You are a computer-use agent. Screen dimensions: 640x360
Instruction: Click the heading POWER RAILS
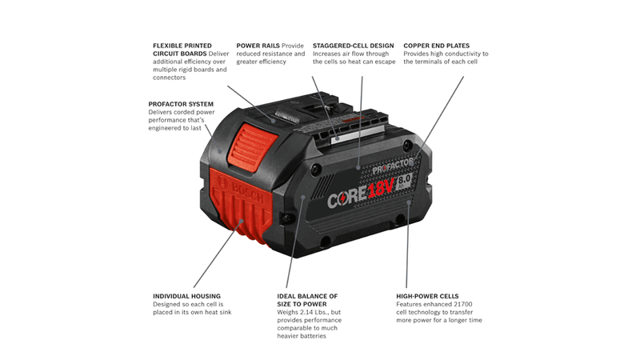(258, 46)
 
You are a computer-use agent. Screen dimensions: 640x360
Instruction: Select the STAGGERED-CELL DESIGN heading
(354, 46)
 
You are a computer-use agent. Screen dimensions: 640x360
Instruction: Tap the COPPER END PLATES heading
(436, 46)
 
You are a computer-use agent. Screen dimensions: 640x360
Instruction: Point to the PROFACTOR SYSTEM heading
(181, 104)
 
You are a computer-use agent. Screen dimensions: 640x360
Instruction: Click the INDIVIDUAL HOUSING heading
(186, 296)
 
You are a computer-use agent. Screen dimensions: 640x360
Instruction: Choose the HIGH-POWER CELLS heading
(427, 296)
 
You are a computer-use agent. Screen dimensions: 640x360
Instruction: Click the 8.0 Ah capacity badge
(404, 180)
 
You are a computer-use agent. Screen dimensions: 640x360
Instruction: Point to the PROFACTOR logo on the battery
(393, 166)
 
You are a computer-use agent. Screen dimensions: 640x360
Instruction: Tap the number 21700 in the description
(462, 304)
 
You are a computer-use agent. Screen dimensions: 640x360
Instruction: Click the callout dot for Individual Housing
(242, 221)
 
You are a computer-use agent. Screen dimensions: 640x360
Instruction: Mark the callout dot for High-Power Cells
(408, 202)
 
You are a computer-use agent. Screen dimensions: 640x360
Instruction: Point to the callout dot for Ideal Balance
(303, 197)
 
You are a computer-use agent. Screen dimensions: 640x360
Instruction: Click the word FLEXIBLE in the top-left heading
(168, 46)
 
